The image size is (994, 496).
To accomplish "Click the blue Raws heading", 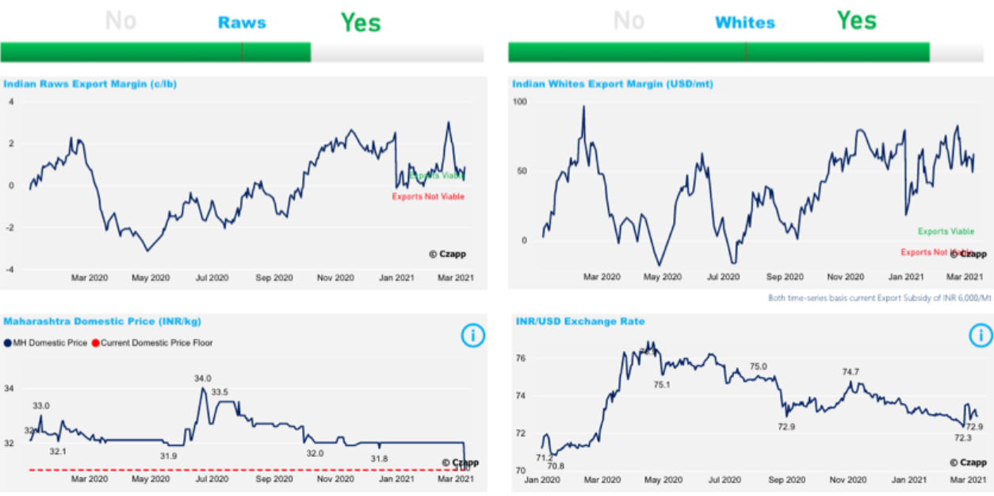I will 242,22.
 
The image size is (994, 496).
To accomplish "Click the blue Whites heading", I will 744,22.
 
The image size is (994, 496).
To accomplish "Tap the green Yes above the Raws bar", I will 361,22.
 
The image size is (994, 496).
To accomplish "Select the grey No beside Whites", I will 629,21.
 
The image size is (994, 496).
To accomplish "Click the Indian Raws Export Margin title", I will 90,83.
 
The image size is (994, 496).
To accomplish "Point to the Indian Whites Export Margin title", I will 612,83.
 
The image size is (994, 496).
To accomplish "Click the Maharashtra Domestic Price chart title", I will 102,321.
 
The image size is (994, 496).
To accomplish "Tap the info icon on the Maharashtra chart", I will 472,336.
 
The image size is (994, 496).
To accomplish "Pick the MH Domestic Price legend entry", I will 46,343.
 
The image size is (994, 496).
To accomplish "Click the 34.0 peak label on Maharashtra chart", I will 203,379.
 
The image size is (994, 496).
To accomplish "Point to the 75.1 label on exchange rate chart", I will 662,385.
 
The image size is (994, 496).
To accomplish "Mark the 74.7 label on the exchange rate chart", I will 851,371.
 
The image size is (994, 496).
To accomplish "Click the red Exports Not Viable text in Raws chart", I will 428,197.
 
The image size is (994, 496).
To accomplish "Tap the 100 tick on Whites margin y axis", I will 520,102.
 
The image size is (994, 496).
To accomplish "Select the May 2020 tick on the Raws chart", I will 151,278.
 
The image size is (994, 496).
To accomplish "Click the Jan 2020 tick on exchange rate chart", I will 542,480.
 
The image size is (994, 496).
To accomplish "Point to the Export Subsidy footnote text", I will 879,298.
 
